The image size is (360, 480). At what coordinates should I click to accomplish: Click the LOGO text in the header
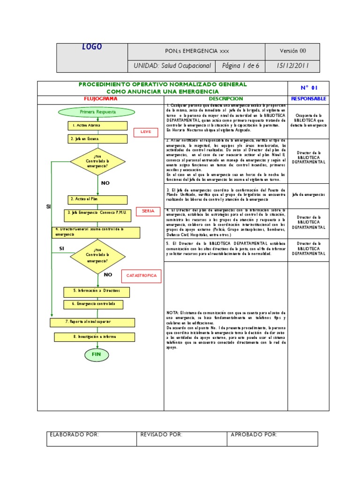click(92, 47)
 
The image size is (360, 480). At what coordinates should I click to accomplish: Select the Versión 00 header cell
click(292, 51)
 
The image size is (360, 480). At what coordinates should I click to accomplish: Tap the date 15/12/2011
click(292, 66)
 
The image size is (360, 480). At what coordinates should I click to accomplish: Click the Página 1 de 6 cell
click(240, 66)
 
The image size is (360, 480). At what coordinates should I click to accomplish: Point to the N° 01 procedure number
click(308, 88)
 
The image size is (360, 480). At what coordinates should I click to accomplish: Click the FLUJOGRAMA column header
click(100, 99)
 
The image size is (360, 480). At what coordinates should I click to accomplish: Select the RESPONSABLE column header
click(308, 99)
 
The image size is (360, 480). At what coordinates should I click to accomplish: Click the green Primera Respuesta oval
click(97, 112)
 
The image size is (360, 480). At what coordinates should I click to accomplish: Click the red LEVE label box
click(145, 132)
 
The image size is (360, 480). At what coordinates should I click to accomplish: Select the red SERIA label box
click(148, 211)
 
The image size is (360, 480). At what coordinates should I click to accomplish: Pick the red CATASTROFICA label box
click(142, 276)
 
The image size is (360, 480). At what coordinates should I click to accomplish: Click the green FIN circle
click(96, 355)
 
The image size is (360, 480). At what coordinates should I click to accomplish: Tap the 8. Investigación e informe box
click(95, 337)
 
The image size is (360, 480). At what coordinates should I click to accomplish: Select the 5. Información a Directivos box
click(97, 292)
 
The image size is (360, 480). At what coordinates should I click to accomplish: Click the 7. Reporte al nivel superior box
click(92, 322)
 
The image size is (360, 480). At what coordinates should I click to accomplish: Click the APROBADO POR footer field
click(272, 438)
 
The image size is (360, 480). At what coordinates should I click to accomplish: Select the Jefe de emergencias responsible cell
click(308, 194)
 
